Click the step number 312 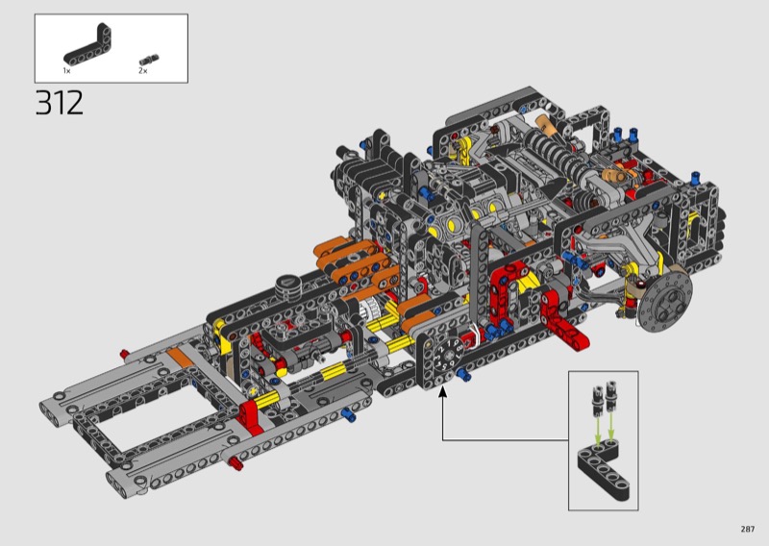[60, 103]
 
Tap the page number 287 [748, 529]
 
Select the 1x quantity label [66, 71]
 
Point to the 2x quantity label [142, 70]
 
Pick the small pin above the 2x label [149, 60]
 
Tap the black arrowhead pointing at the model [443, 391]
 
